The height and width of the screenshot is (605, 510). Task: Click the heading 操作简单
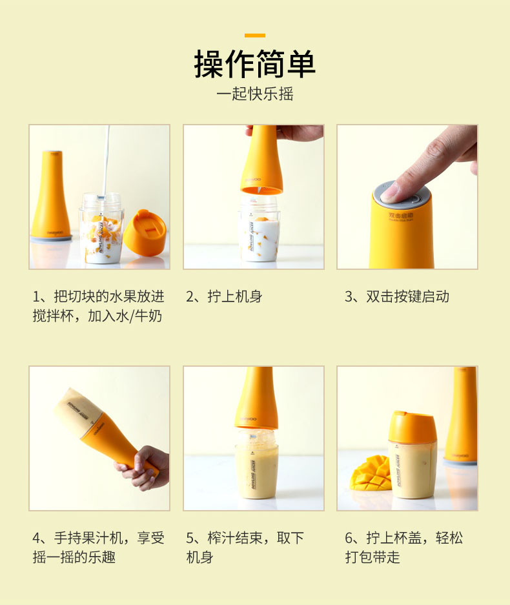pyautogui.click(x=254, y=64)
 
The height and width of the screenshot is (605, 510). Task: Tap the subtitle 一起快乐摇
pyautogui.click(x=255, y=94)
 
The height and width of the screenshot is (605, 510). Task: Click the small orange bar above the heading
pyautogui.click(x=254, y=36)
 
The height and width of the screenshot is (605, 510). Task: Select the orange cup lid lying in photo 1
pyautogui.click(x=145, y=232)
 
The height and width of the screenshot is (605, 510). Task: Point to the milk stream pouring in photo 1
pyautogui.click(x=106, y=160)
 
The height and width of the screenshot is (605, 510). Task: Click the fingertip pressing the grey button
pyautogui.click(x=390, y=192)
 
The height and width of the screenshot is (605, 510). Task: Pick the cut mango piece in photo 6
pyautogui.click(x=371, y=473)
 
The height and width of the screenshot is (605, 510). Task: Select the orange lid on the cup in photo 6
pyautogui.click(x=412, y=427)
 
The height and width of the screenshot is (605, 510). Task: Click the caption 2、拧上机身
pyautogui.click(x=225, y=296)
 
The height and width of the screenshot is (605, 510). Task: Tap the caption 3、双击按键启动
pyautogui.click(x=397, y=296)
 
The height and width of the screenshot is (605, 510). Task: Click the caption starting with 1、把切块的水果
pyautogui.click(x=99, y=306)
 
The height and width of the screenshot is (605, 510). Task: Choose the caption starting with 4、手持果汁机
pyautogui.click(x=99, y=547)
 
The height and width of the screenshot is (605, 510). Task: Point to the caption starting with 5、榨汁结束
pyautogui.click(x=245, y=547)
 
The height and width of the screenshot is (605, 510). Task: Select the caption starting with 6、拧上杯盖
pyautogui.click(x=404, y=547)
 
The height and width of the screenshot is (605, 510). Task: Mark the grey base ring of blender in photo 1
pyautogui.click(x=51, y=238)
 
